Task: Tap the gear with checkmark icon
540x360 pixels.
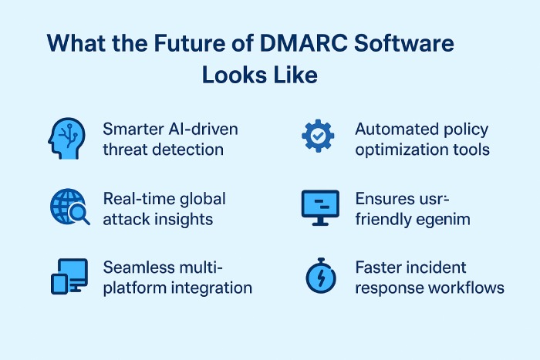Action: pyautogui.click(x=317, y=137)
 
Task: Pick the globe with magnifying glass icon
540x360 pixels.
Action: pyautogui.click(x=69, y=207)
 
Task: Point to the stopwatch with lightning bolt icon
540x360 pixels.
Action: pyautogui.click(x=318, y=276)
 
